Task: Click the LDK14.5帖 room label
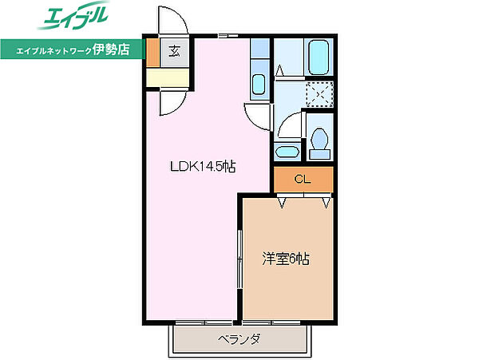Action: pos(201,167)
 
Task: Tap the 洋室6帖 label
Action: pos(287,259)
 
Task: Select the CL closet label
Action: pos(302,179)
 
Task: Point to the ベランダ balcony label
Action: pos(239,338)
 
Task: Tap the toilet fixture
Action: pos(322,139)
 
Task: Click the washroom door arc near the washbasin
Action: pos(291,124)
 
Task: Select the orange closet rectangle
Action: pos(303,180)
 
